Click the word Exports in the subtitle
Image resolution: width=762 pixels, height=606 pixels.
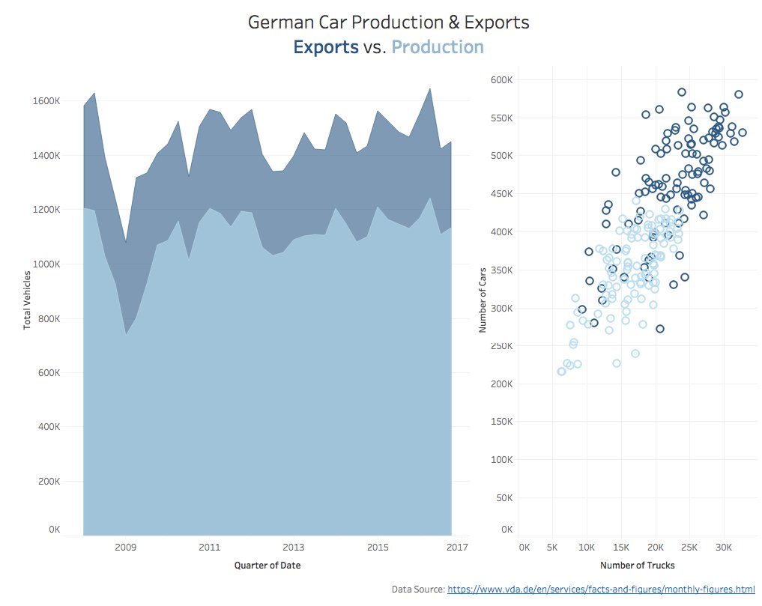pos(325,47)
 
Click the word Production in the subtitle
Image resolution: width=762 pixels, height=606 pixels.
pos(438,47)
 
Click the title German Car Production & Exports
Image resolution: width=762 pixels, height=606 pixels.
pos(388,22)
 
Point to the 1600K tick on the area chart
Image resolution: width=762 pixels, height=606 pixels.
pos(47,101)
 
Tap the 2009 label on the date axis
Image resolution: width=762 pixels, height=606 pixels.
pos(125,548)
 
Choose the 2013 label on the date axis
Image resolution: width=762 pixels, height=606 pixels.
pos(294,548)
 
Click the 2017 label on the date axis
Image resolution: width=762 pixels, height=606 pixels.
pos(457,548)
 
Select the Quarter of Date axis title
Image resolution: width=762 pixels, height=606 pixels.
pos(267,566)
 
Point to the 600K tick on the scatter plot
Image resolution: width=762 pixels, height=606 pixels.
pos(501,80)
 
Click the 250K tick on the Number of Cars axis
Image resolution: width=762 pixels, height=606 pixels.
pos(501,346)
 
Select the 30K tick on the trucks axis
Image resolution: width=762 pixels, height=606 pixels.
pos(722,548)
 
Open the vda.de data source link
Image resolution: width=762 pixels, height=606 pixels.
pos(601,590)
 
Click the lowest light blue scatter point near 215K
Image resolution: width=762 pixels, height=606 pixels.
pos(561,372)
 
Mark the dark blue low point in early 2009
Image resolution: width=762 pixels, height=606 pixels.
pos(125,242)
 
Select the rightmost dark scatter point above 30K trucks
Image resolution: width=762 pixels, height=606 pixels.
pos(742,133)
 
